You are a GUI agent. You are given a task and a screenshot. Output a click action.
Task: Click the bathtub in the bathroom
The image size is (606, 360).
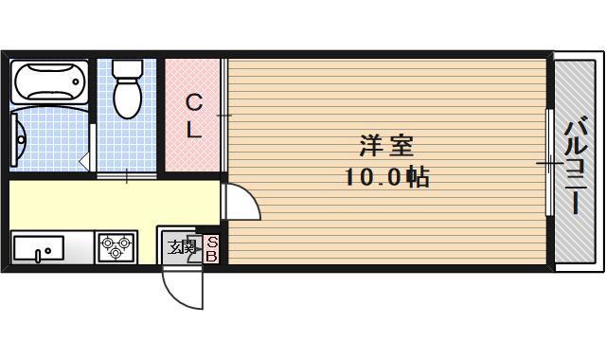50,84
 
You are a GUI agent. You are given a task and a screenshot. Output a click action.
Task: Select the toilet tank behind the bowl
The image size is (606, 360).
126,69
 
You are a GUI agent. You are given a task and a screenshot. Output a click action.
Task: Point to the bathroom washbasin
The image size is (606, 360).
20,139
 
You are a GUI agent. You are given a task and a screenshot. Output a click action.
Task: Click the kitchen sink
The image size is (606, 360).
38,249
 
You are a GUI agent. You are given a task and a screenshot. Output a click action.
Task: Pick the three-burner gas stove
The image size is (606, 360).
116,248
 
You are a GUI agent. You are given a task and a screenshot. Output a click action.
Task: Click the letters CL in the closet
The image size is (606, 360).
193,116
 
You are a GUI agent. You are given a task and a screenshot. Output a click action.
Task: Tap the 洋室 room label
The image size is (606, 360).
386,147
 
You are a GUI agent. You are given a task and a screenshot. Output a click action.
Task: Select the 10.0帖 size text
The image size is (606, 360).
386,176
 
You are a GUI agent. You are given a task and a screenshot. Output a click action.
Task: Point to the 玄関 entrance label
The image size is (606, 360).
182,248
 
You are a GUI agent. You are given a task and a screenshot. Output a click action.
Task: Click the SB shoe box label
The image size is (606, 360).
212,249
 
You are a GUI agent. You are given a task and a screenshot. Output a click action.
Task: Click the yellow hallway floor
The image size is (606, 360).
114,202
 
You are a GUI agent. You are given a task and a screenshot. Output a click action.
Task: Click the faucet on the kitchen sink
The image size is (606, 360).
37,254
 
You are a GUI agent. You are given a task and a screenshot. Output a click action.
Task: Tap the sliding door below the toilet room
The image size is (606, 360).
126,174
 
